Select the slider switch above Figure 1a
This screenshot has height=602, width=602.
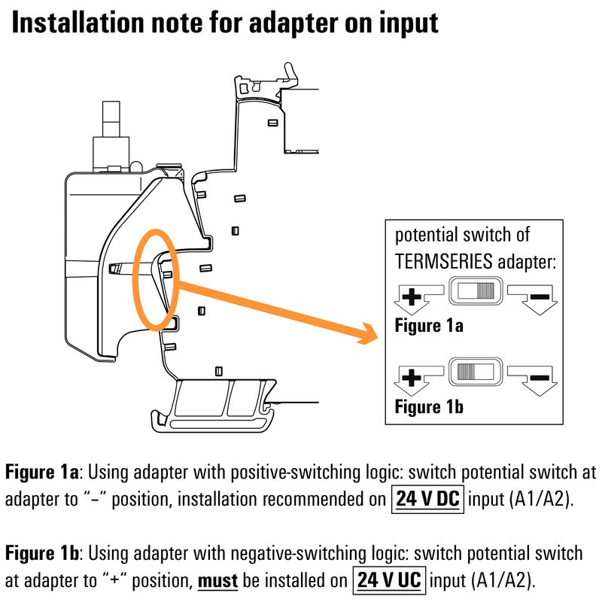(474, 292)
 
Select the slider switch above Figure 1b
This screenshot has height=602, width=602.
(474, 372)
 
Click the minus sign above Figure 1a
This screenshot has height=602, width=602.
(539, 296)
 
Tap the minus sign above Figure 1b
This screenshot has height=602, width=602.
(539, 376)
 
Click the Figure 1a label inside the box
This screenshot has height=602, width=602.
(429, 326)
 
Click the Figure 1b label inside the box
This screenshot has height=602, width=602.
(429, 407)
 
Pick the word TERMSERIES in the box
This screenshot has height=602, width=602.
(448, 261)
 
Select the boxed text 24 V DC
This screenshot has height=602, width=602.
(427, 500)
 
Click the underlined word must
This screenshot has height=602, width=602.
(217, 581)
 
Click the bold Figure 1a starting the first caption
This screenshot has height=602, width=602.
(42, 473)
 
